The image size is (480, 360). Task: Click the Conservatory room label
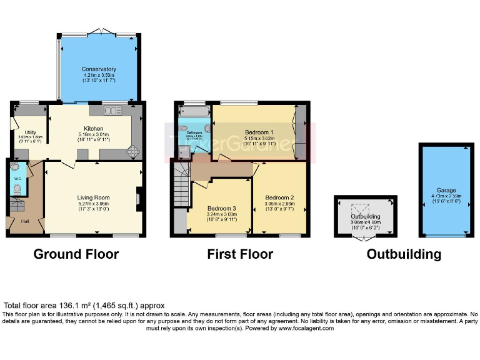click(x=98, y=69)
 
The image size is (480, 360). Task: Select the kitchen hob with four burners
click(x=134, y=150)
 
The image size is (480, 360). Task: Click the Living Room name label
click(x=93, y=197)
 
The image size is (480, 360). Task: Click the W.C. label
click(x=17, y=185)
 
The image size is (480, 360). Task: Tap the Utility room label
click(x=30, y=132)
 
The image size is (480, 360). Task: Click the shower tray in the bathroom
click(x=184, y=151)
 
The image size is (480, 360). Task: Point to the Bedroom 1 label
click(x=258, y=132)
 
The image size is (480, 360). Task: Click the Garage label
click(x=446, y=190)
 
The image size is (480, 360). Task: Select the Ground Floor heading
click(x=76, y=254)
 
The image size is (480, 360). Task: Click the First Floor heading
click(x=240, y=254)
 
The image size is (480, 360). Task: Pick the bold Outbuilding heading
click(x=404, y=254)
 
